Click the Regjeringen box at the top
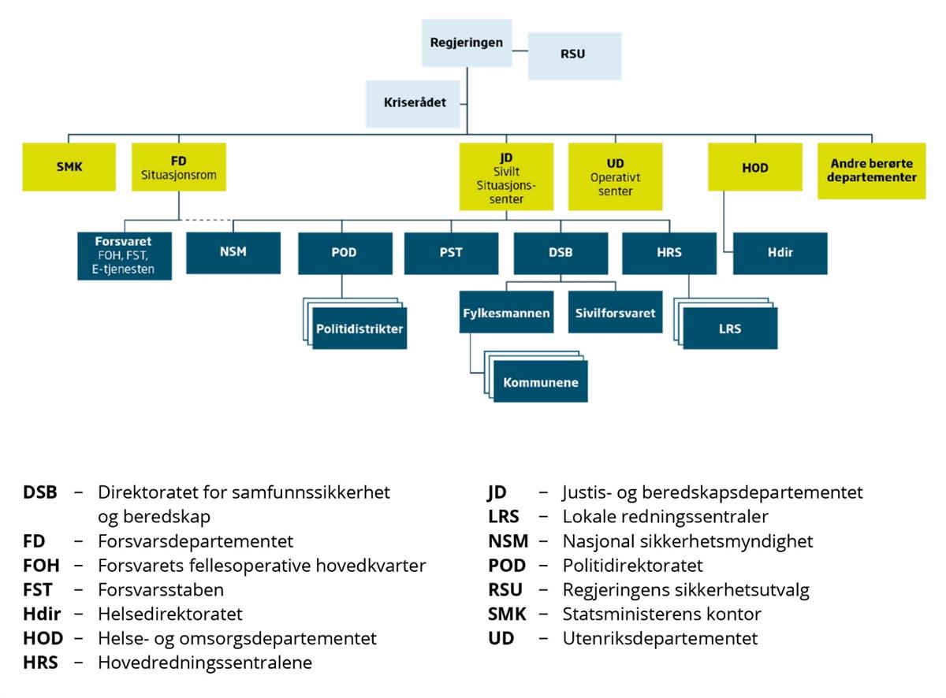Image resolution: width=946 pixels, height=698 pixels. [467, 43]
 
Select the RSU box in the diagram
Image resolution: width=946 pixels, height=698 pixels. [575, 56]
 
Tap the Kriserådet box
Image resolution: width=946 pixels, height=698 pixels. [413, 104]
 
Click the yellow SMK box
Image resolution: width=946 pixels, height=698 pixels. [69, 167]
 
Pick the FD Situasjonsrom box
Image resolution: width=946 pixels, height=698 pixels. [179, 167]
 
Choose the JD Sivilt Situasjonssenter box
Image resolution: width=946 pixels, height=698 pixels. [506, 176]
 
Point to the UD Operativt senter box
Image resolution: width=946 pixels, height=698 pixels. [615, 176]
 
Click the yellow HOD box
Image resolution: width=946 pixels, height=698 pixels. [755, 167]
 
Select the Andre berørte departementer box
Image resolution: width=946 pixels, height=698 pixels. [871, 170]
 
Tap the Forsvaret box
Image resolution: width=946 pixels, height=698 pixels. [125, 256]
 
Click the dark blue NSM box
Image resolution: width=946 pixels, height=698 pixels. [233, 253]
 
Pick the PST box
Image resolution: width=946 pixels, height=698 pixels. [451, 253]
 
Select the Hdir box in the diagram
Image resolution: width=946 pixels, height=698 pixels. [780, 253]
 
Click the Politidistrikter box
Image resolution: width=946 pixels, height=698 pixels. [359, 329]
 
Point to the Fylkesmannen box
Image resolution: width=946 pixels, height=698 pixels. [506, 312]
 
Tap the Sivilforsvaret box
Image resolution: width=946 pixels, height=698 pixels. [615, 312]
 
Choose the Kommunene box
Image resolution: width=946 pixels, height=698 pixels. [541, 381]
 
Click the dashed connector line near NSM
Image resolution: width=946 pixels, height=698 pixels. [206, 220]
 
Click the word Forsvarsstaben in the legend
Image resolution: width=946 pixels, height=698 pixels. [161, 590]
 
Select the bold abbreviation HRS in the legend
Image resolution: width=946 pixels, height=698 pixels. [40, 663]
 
